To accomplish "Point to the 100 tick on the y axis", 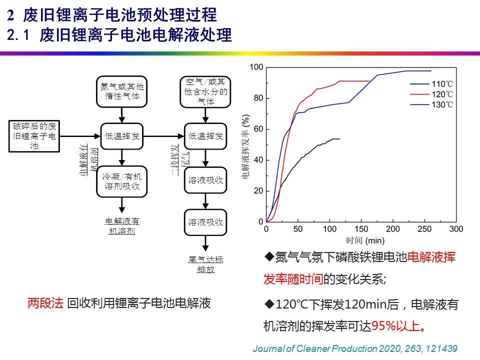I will click(x=256, y=67).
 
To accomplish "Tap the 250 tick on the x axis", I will click(x=424, y=229).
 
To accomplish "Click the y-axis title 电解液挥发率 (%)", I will click(x=245, y=145).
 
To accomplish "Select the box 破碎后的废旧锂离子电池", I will click(x=34, y=135).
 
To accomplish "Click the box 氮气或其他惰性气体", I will click(x=122, y=91).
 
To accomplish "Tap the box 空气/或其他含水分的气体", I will click(x=206, y=91).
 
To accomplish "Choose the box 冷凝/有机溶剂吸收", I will click(x=122, y=181).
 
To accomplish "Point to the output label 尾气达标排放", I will click(x=206, y=264).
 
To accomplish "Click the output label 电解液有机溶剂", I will click(x=122, y=226).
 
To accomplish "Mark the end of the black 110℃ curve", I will click(x=339, y=139).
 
